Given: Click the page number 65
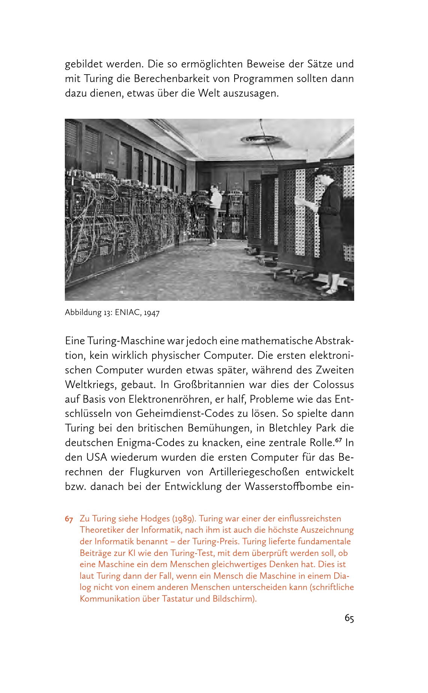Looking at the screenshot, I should pos(349,618).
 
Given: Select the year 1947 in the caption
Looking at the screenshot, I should pos(152,313).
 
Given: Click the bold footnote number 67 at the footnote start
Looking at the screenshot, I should pos(69,519).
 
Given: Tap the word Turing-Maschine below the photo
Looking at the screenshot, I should pos(126,341).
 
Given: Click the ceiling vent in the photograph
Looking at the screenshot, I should pos(261,140).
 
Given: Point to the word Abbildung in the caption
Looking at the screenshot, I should pos(83,312).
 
